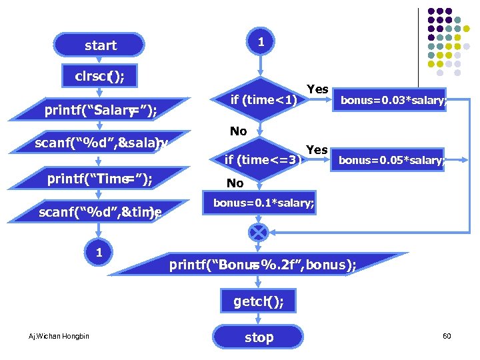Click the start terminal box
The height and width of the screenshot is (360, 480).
(100, 45)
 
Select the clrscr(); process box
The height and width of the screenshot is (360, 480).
(100, 76)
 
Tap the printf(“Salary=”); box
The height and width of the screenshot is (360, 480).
(101, 111)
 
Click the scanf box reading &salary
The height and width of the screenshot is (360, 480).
(101, 143)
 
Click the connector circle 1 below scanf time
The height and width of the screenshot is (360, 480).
(99, 253)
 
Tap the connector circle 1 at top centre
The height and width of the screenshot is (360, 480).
(261, 42)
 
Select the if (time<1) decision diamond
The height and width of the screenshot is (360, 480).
(261, 100)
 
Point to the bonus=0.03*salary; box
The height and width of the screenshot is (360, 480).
(392, 101)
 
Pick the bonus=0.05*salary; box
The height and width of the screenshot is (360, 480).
(391, 160)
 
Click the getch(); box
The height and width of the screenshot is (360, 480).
(259, 302)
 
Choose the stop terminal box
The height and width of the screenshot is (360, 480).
(259, 337)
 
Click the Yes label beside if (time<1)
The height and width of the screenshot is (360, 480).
(317, 89)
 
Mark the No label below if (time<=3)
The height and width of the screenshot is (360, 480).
(235, 183)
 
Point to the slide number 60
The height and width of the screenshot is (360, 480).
(447, 336)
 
